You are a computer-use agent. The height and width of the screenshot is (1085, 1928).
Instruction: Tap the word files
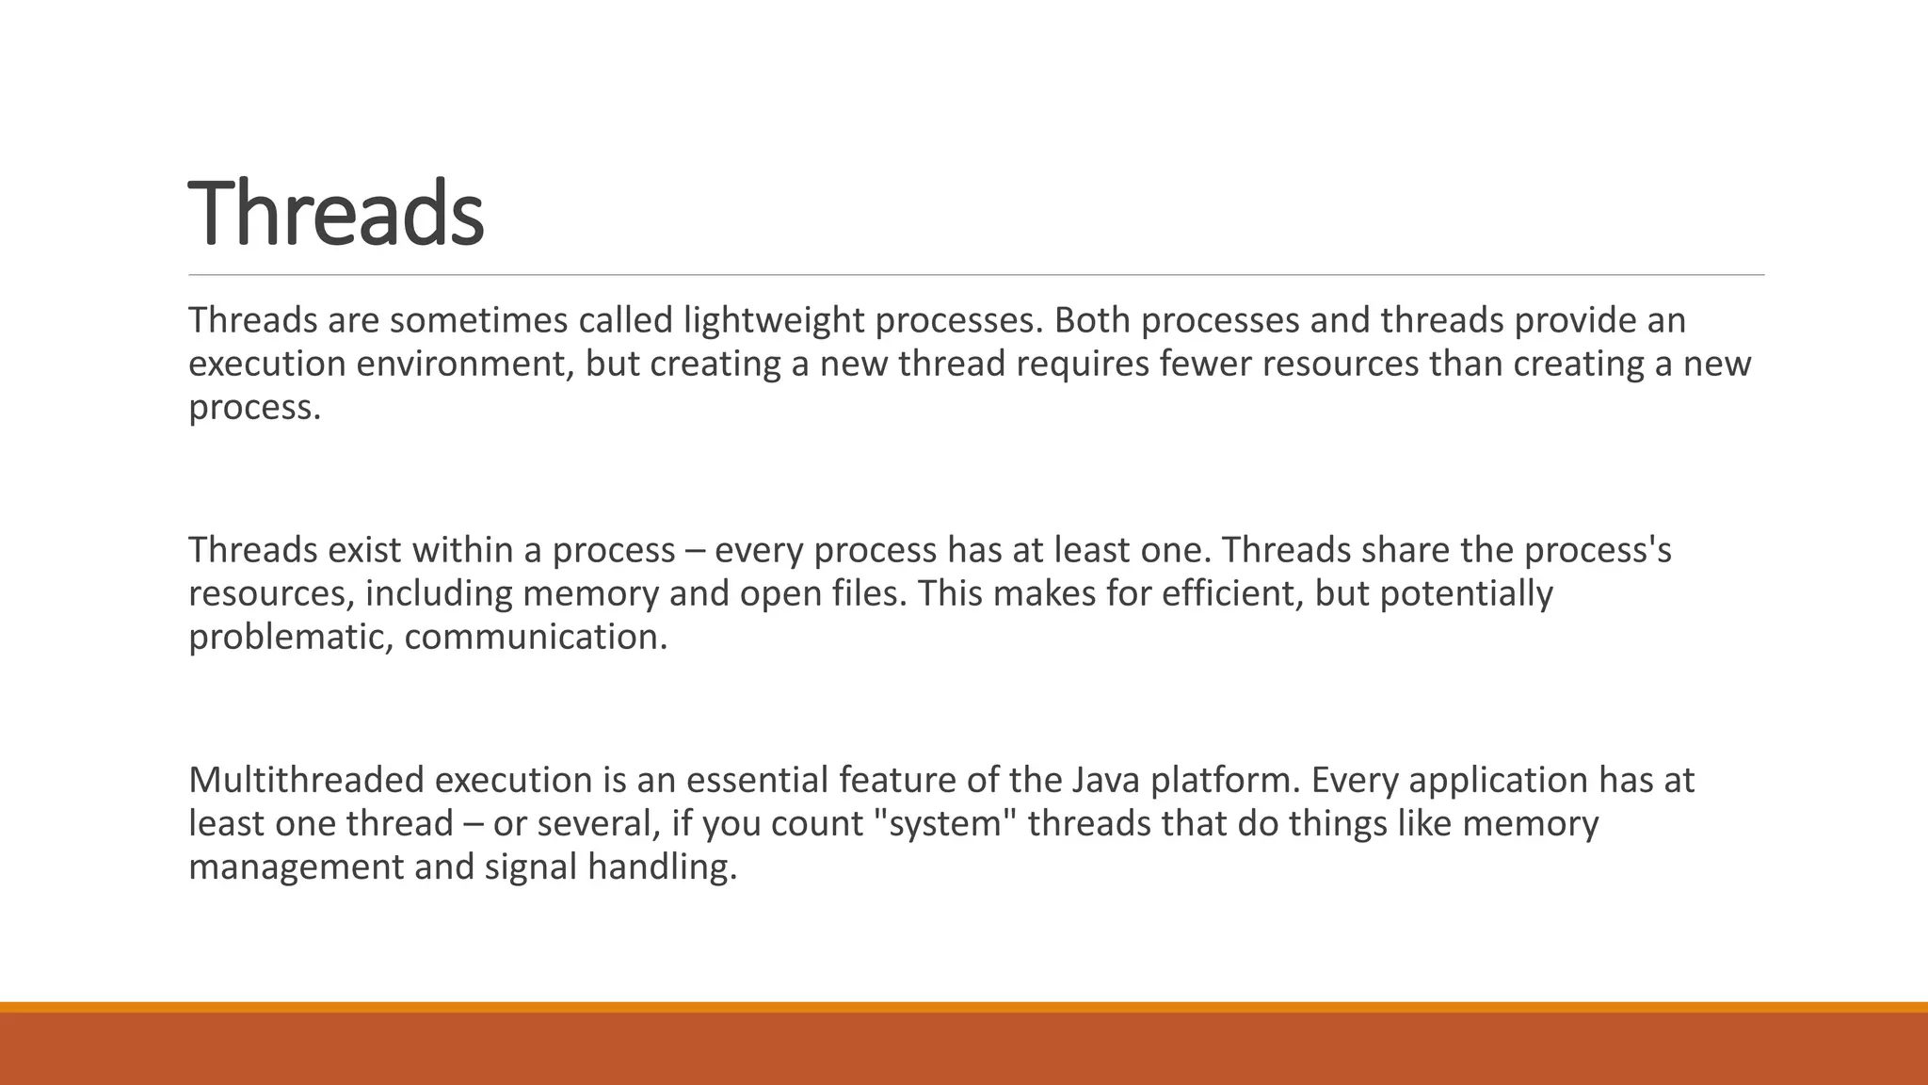click(871, 593)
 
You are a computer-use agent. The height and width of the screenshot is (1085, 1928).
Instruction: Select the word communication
click(535, 638)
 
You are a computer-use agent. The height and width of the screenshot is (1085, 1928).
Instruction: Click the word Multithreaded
click(306, 780)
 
